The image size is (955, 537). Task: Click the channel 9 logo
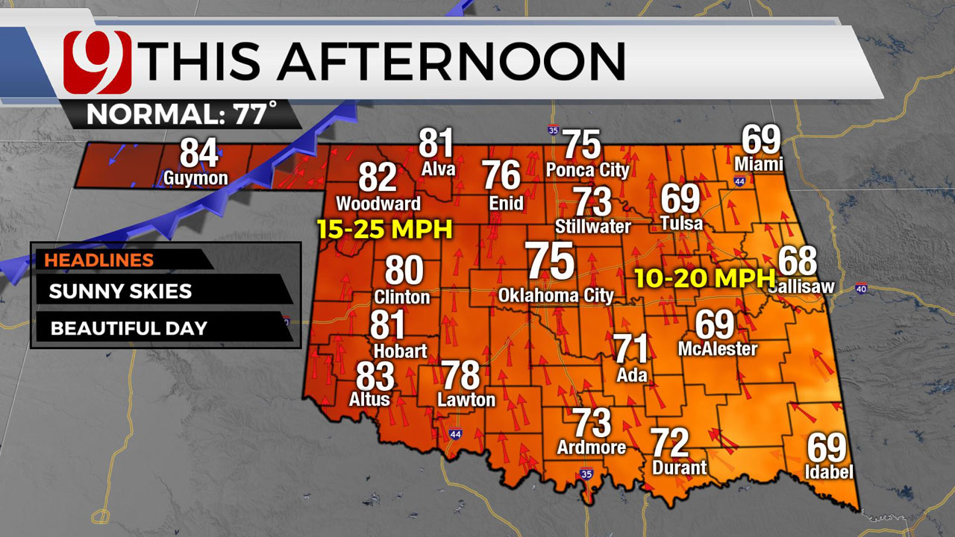click(x=97, y=61)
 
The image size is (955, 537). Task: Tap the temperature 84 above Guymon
click(x=199, y=153)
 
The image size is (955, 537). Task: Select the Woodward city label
click(x=378, y=204)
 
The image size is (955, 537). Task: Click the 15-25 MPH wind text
click(x=385, y=229)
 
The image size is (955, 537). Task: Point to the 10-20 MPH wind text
click(x=704, y=278)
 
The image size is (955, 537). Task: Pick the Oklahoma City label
click(x=556, y=295)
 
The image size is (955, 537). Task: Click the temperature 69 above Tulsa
click(x=680, y=199)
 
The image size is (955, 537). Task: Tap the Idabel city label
click(x=828, y=471)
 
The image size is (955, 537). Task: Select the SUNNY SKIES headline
click(x=120, y=291)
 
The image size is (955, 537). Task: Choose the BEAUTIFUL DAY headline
click(x=129, y=328)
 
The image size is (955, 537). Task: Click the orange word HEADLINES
click(x=98, y=260)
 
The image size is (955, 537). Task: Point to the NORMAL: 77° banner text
click(x=181, y=115)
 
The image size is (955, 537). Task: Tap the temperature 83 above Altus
click(x=375, y=377)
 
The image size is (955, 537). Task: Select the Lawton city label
click(x=466, y=400)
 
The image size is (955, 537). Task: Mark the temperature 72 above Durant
click(x=669, y=443)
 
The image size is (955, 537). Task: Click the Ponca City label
click(x=587, y=170)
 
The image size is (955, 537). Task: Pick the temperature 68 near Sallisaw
click(x=798, y=261)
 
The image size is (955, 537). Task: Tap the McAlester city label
click(x=718, y=348)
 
